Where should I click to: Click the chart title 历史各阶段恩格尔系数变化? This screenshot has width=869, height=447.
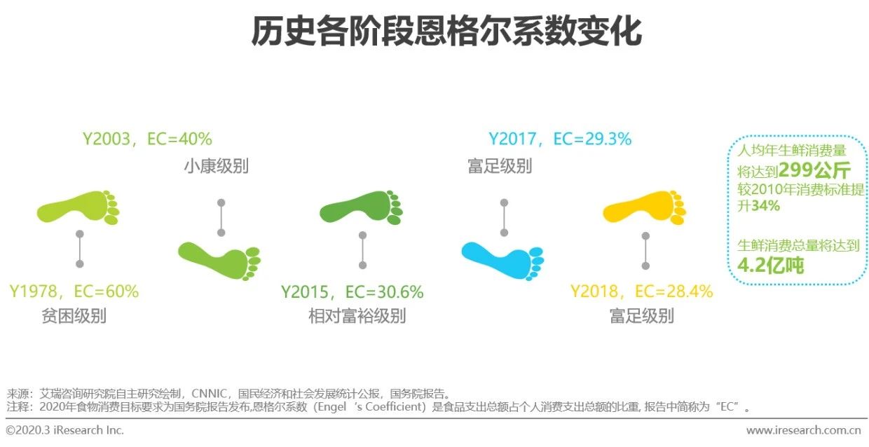446,32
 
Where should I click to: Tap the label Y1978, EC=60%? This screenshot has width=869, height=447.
74,291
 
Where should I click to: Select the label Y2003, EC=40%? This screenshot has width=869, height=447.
147,139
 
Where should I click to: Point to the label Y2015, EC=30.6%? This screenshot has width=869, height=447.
353,292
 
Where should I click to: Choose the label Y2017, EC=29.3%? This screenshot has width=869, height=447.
560,139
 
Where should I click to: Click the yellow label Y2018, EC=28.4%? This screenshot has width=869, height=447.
642,291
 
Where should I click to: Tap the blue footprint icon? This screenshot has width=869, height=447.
502,261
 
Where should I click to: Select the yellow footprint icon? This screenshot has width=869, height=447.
644,207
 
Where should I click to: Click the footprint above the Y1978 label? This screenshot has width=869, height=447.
78,207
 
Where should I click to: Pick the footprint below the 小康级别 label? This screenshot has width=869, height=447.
219,261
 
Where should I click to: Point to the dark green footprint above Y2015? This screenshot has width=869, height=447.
361,207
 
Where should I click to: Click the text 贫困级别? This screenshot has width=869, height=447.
74,315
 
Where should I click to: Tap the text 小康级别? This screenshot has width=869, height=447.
216,166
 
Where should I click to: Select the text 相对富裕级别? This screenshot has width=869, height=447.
357,315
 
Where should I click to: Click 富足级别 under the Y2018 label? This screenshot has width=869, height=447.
642,315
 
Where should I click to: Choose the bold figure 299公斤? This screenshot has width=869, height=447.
814,170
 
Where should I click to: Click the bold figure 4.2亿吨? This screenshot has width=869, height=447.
770,266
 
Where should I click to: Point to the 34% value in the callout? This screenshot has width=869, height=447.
765,205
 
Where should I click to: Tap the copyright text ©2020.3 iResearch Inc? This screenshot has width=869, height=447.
64,430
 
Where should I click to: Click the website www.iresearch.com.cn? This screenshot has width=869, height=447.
804,430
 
